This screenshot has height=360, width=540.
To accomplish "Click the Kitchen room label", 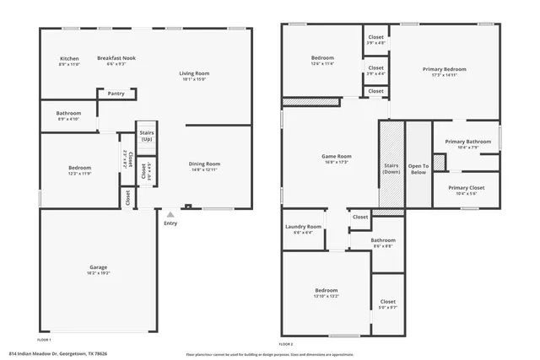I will (x=69, y=58).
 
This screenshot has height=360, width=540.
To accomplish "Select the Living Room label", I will (x=193, y=74).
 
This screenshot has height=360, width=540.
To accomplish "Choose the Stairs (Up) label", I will (x=147, y=135).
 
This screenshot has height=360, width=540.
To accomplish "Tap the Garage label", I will (x=98, y=267).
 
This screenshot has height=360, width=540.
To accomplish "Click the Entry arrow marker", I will (x=170, y=214).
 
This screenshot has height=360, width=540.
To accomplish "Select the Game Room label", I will (x=336, y=157).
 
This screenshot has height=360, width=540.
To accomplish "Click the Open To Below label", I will (x=418, y=169).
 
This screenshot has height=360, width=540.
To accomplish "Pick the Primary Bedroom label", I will (x=444, y=69).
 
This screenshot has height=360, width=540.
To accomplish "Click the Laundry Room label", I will (x=303, y=227).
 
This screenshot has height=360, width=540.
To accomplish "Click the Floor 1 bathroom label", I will (x=68, y=113).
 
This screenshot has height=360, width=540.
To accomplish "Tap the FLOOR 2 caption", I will (x=286, y=344).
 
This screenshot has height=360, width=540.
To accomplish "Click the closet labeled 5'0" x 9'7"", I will (x=387, y=304).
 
